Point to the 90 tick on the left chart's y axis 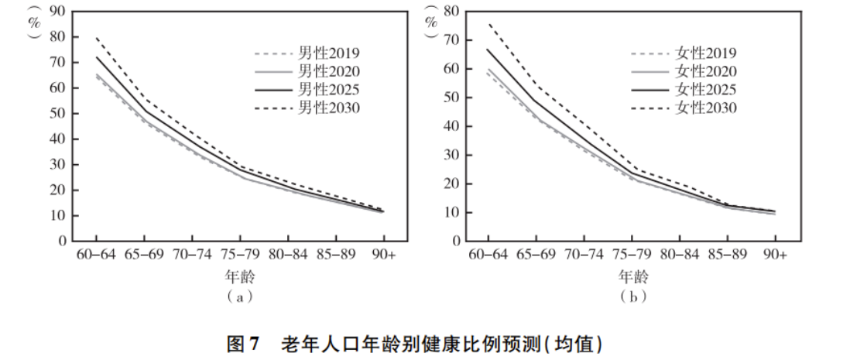pos(58,11)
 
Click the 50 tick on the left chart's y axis pos(58,113)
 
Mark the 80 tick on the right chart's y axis pos(451,11)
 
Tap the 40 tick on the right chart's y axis pos(451,126)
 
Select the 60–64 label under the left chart pos(95,254)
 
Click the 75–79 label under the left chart pos(240,254)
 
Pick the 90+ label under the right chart pos(775,254)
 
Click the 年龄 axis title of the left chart pos(241,276)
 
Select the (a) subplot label pos(241,296)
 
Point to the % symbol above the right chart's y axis pos(430,21)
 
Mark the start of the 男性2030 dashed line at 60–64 pos(96,37)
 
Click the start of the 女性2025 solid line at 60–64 pos(488,49)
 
